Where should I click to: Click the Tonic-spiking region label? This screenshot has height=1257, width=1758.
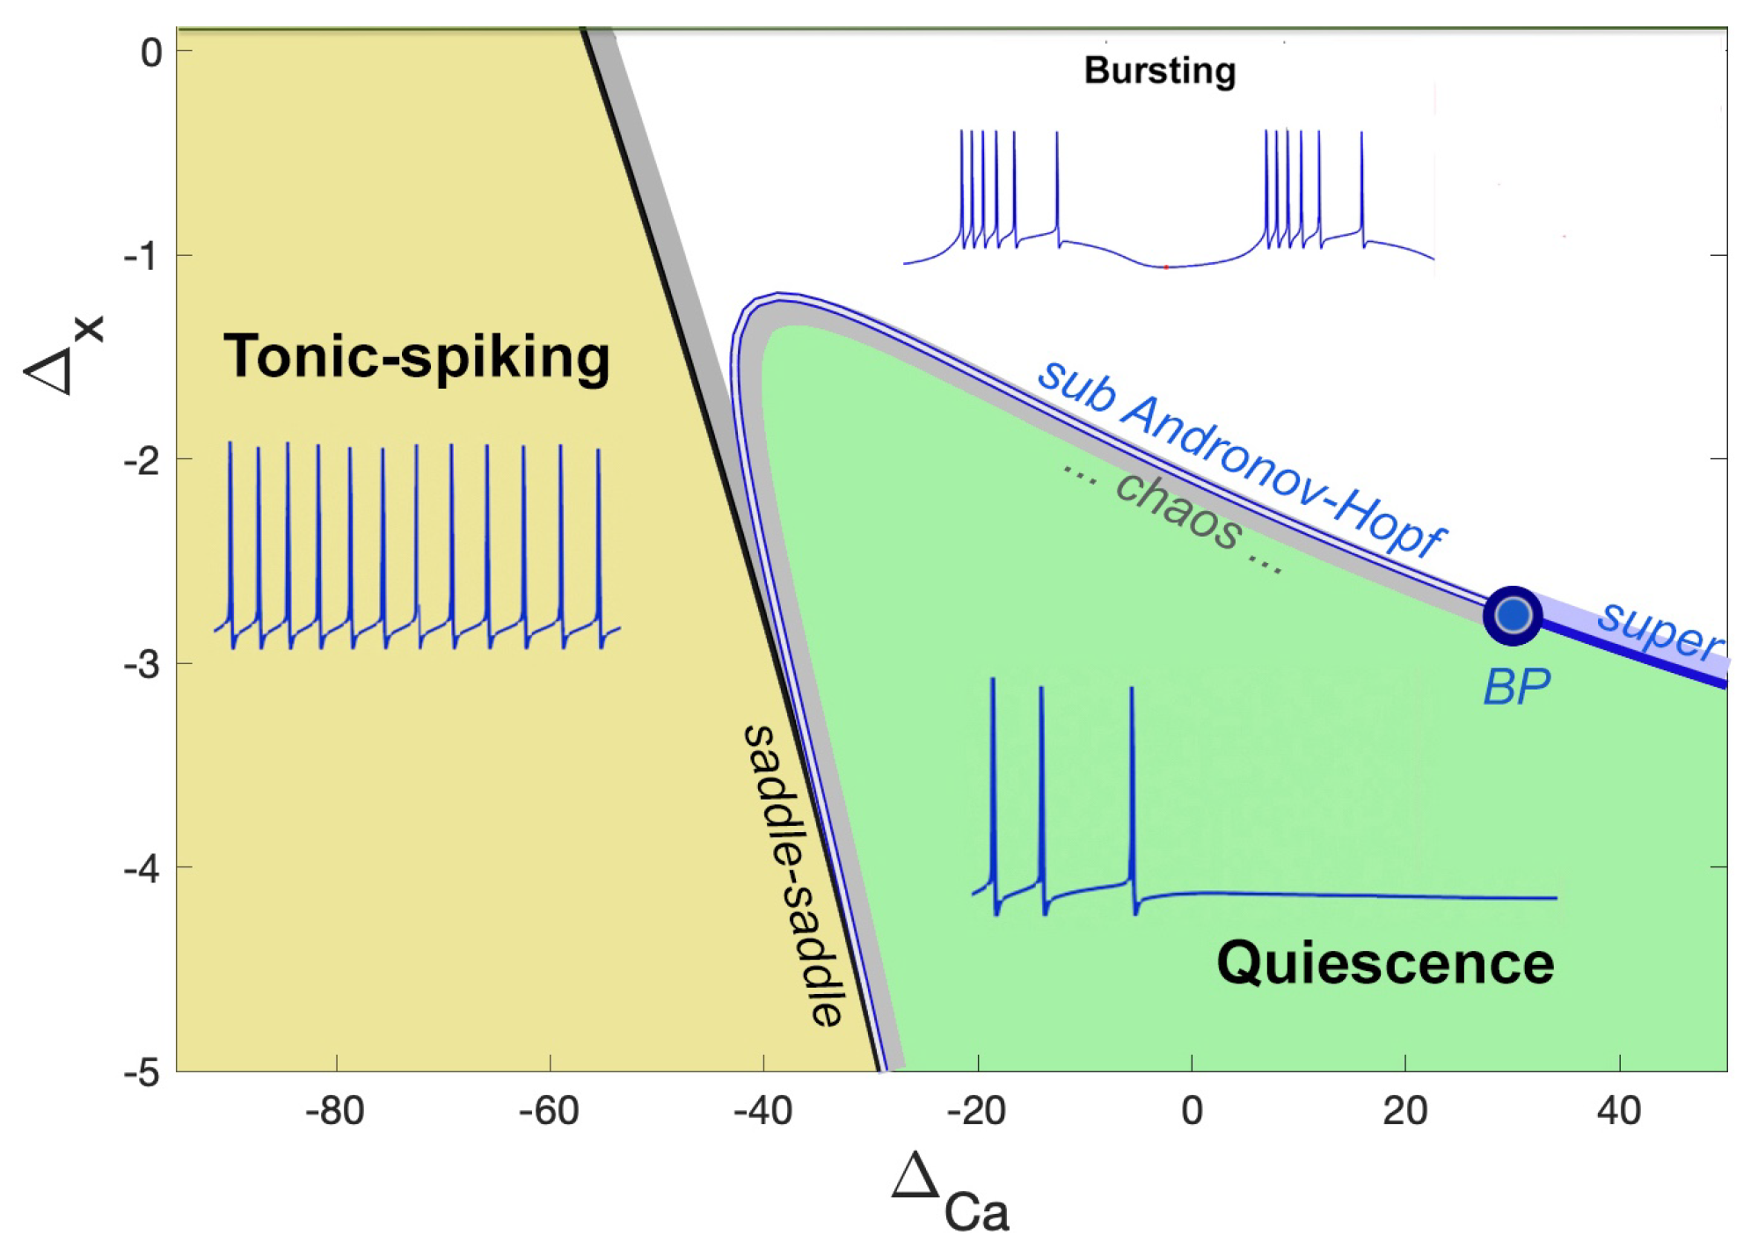tap(416, 357)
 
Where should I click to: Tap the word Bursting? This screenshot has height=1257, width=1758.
tap(1159, 70)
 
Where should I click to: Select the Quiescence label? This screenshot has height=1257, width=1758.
tap(1385, 963)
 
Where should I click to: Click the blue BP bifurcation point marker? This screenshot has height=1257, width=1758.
tap(1513, 615)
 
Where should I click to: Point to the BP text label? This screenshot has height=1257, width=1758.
tap(1516, 687)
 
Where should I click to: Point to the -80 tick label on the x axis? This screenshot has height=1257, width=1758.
tap(334, 1111)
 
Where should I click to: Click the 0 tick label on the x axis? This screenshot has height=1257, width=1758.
tap(1192, 1111)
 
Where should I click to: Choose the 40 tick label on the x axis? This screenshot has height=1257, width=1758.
tap(1619, 1111)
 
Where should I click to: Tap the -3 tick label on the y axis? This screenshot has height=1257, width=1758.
tap(142, 664)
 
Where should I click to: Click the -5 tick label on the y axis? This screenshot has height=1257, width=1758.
tap(142, 1072)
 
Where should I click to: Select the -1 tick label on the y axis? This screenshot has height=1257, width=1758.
tap(142, 256)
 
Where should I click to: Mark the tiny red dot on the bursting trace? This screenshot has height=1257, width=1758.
tap(1166, 267)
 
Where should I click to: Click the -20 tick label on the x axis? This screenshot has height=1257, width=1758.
tap(976, 1111)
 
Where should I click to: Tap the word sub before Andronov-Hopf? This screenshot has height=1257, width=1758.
tap(1076, 387)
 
